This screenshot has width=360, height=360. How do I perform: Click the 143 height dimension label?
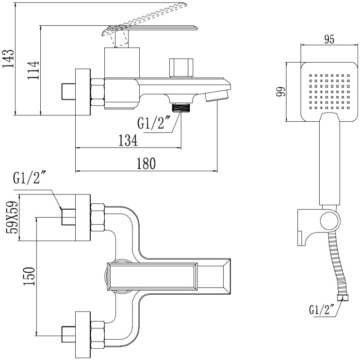[8, 59]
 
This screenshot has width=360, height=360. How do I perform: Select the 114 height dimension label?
[33, 70]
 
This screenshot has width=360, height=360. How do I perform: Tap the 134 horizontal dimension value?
[128, 140]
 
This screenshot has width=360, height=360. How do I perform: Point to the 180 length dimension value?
[146, 163]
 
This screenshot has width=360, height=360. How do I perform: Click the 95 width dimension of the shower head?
[329, 39]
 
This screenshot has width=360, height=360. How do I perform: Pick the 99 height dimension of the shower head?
[281, 92]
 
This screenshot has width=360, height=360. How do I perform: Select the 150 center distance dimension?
[30, 276]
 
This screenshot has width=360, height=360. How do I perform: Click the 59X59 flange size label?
[12, 217]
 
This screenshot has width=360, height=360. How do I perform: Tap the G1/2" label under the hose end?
[322, 309]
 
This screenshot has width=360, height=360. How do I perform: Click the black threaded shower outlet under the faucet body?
[181, 107]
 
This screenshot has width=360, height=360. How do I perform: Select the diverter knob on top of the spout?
[181, 68]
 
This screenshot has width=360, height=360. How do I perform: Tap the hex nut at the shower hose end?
[343, 298]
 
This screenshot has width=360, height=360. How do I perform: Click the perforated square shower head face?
[329, 92]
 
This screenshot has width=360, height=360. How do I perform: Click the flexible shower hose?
[338, 264]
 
